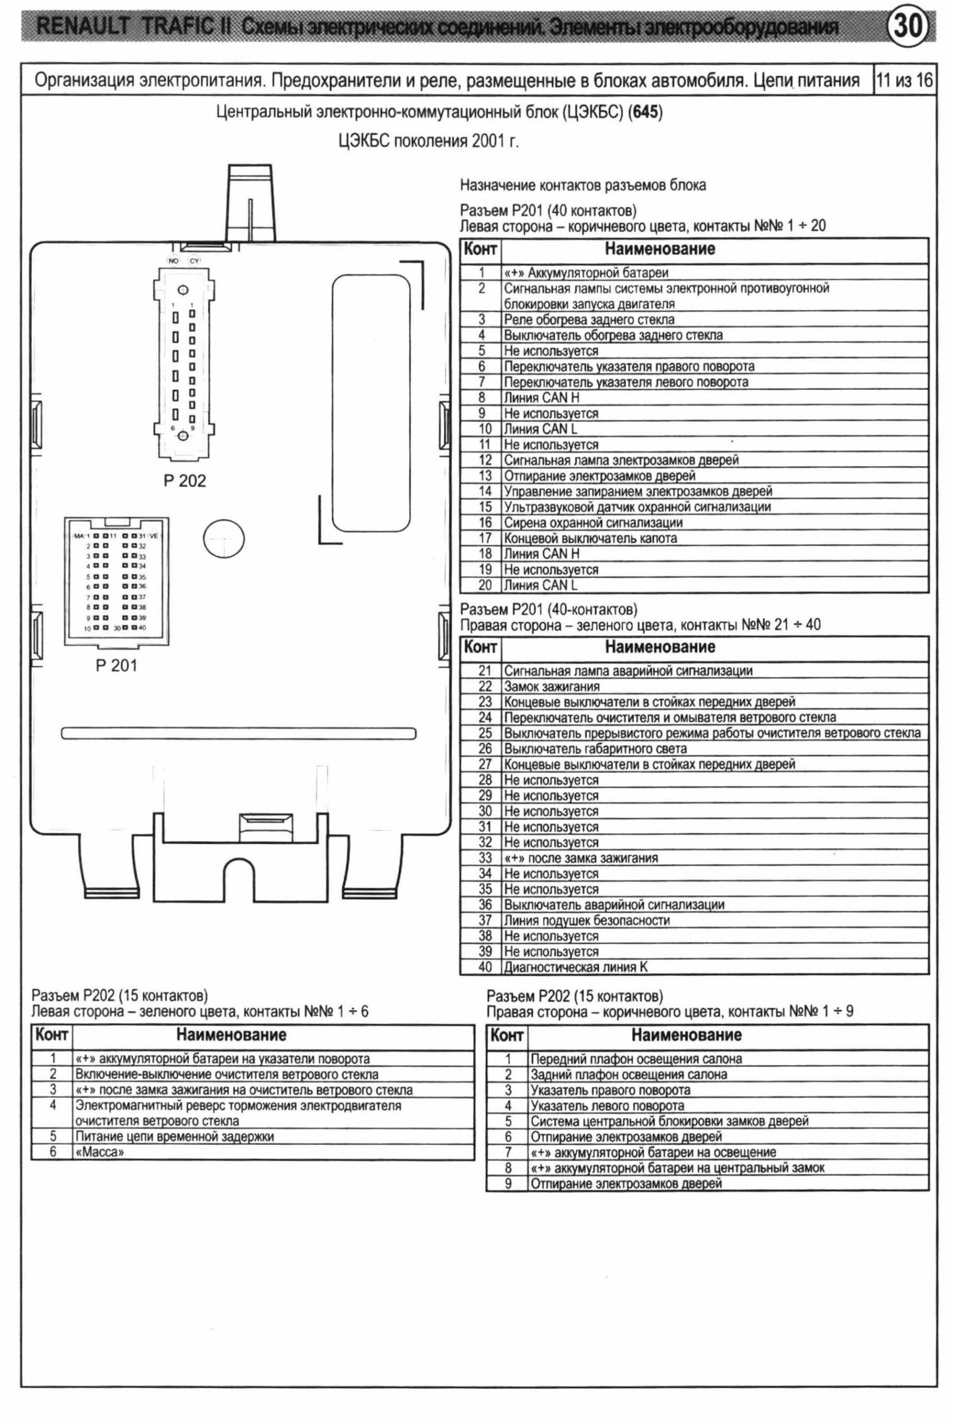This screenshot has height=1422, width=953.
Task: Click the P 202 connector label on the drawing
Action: point(185,481)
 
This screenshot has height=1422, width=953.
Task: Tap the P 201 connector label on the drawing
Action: point(116,665)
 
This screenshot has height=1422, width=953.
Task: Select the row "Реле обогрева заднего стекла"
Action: point(588,320)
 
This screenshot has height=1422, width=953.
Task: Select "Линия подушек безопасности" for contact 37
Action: point(586,920)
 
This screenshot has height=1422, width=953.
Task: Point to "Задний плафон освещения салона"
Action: point(629,1074)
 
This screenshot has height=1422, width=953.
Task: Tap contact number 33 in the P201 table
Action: point(484,858)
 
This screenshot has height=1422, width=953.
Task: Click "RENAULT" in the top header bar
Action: point(85,27)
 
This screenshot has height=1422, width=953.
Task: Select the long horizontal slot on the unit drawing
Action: point(238,733)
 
